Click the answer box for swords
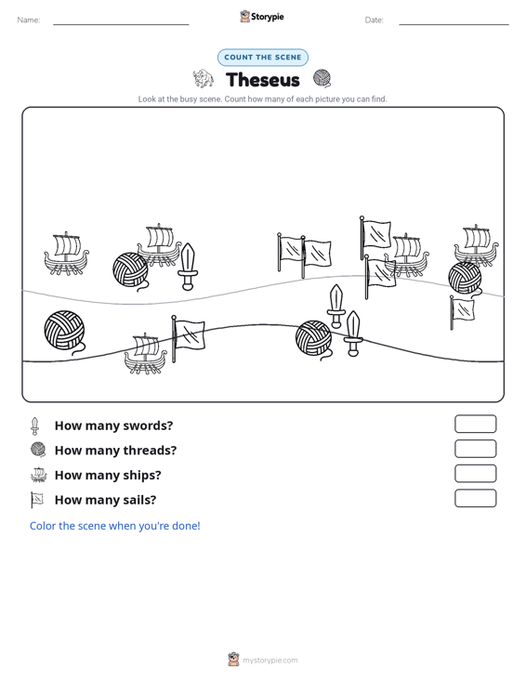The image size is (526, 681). point(475,424)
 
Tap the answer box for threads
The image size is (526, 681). point(475,449)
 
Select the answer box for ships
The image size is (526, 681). point(475,474)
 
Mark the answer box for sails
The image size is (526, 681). point(475,498)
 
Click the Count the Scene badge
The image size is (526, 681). point(263,58)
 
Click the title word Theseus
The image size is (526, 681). point(263,80)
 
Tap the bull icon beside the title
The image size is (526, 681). point(204,79)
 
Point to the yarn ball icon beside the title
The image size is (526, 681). point(322,78)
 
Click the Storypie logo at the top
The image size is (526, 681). point(262,17)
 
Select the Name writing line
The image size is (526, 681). point(121,24)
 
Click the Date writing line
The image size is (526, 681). point(454,24)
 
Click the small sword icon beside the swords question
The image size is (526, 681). point(34,426)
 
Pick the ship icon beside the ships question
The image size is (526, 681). point(39,475)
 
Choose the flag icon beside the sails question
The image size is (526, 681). point(37,500)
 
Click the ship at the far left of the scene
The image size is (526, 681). point(67,254)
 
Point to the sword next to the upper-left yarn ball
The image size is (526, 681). point(188,267)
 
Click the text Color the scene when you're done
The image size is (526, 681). point(114,526)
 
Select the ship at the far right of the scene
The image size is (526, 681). point(477,246)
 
